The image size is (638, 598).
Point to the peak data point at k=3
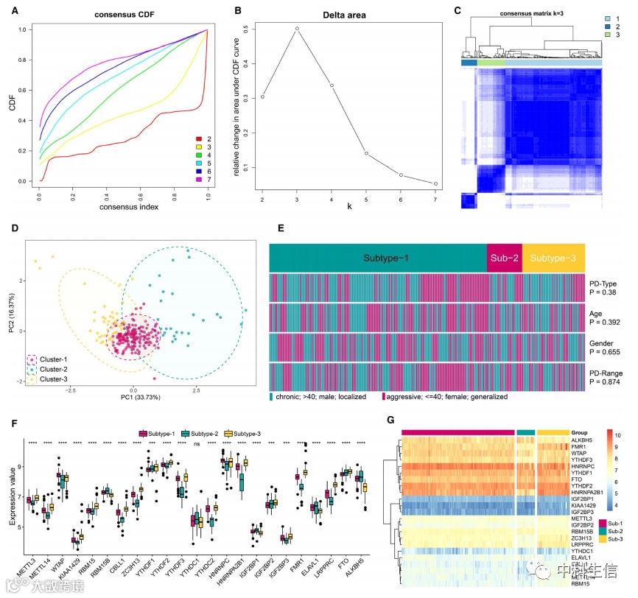click(297, 29)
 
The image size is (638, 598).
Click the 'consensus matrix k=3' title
click(533, 14)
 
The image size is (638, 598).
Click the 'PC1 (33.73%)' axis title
click(133, 398)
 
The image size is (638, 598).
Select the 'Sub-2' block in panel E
click(504, 258)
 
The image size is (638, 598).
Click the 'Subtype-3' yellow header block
click(553, 258)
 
